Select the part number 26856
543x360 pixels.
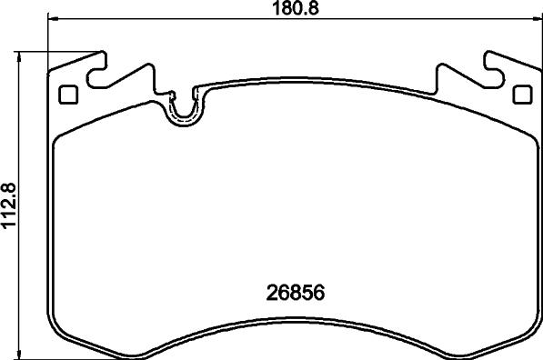coord(293,295)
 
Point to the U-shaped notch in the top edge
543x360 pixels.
coord(184,108)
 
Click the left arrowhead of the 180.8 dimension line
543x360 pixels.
coord(51,20)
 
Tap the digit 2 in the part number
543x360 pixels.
coord(270,295)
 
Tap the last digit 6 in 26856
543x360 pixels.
coord(318,295)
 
